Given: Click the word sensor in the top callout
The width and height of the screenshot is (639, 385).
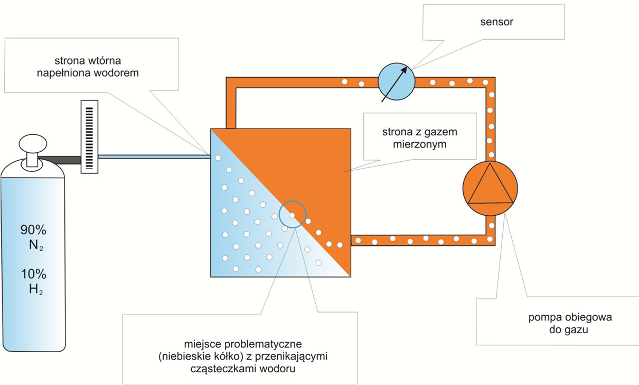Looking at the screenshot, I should pos(493,23).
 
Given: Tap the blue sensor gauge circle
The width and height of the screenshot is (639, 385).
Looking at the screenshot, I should pos(397,82).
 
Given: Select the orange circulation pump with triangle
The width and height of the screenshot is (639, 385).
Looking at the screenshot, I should pos(490,188).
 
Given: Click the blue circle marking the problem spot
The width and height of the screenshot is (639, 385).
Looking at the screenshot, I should pos(292,214).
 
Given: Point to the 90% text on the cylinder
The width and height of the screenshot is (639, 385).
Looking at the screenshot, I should pos(33,230).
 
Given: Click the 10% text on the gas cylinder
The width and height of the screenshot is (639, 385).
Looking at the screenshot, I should pos(33,274).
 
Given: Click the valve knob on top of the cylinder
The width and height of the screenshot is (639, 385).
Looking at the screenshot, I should pos(33,144).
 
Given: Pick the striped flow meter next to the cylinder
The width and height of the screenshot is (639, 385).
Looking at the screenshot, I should pos(89,137).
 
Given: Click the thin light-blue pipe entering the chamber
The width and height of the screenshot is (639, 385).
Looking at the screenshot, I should pos(153,156).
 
